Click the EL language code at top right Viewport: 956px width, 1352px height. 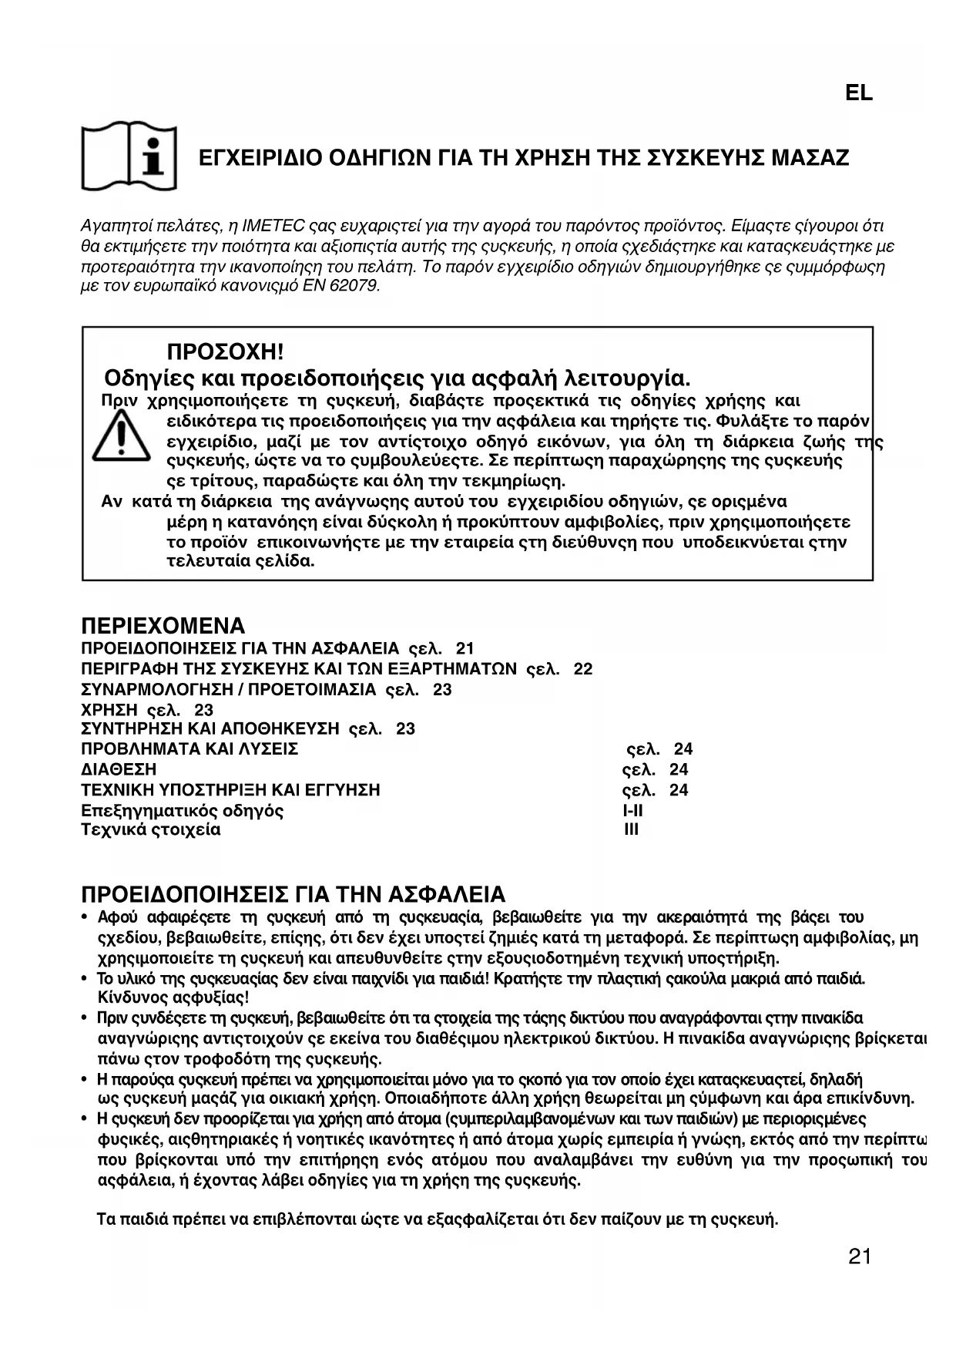(859, 93)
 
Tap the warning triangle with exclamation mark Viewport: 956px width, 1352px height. (120, 437)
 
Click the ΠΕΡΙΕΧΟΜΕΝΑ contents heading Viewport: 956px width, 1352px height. (163, 625)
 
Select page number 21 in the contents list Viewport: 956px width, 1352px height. (465, 648)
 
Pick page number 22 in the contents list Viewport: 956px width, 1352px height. (583, 669)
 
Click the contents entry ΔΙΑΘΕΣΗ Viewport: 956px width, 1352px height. (119, 769)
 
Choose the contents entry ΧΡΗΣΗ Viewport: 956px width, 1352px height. (109, 710)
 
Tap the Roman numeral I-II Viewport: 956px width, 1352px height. (632, 810)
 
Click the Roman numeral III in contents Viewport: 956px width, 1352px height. (631, 830)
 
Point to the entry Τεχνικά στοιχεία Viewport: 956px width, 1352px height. (151, 830)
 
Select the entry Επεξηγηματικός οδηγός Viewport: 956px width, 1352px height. (183, 810)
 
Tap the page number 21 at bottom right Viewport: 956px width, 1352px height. (859, 1257)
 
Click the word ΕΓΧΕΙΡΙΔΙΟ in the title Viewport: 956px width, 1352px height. (260, 159)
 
